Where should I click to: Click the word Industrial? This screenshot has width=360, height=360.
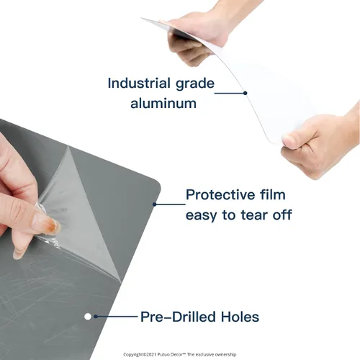pos(139,83)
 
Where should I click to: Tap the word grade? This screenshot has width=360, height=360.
pos(195,84)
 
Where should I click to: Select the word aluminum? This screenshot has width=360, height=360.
pos(163,103)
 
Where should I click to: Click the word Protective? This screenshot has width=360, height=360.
pos(219,194)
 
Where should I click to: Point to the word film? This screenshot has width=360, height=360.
pos(273,194)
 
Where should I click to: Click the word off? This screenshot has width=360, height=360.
pos(282,215)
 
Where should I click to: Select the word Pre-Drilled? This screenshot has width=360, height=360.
pos(178,317)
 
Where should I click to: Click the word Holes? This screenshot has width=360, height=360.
pos(240,317)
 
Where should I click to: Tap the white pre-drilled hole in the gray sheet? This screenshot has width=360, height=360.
pos(88,317)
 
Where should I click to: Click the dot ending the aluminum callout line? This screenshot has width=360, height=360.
pos(245,93)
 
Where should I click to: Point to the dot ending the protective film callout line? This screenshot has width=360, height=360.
pos(155,204)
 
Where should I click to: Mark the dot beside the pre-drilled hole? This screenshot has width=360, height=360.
pos(96,317)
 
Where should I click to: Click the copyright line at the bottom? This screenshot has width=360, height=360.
pos(180,354)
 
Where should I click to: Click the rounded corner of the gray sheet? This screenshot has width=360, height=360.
pos(156,184)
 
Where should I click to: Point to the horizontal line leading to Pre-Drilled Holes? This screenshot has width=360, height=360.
pos(117,317)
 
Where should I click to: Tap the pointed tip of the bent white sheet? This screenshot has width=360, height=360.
pos(141,18)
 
